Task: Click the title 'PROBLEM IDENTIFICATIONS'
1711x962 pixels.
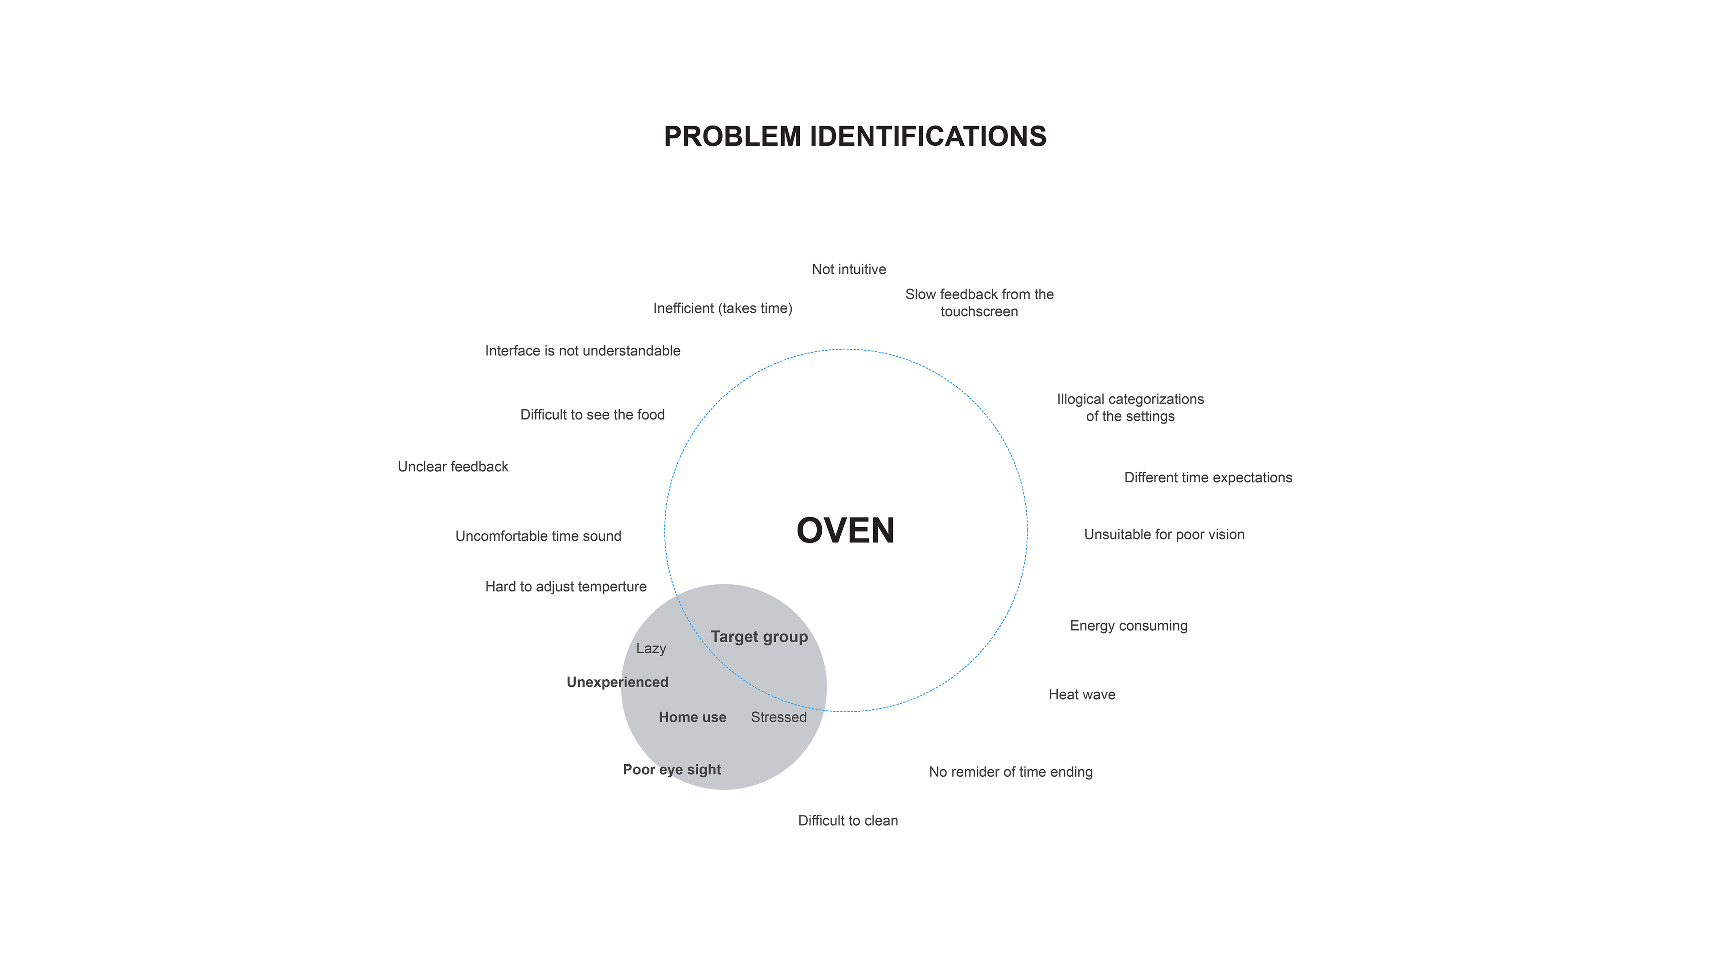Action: click(x=855, y=137)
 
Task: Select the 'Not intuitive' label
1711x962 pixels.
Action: click(x=849, y=269)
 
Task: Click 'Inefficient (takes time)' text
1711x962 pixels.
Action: click(x=723, y=309)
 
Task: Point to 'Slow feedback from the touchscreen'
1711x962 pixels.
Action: click(x=979, y=303)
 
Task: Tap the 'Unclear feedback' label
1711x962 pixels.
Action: click(x=453, y=467)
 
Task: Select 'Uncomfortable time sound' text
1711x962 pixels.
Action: click(x=538, y=536)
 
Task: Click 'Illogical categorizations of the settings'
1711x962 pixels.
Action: click(x=1130, y=408)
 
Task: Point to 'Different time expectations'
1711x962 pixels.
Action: click(x=1208, y=478)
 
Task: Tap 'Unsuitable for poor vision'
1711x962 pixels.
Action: click(x=1164, y=535)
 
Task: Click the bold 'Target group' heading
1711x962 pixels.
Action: click(x=759, y=637)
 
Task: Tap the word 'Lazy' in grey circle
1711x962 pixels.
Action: click(x=651, y=648)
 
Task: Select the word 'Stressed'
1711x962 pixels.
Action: click(x=778, y=717)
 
